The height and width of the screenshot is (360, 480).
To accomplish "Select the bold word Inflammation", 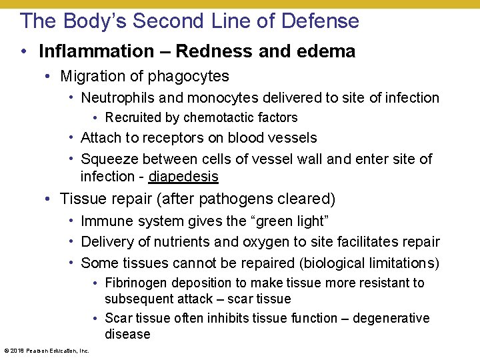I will (x=96, y=51).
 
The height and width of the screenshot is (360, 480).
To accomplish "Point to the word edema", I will (x=327, y=51).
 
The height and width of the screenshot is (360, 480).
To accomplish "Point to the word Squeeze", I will (x=109, y=159).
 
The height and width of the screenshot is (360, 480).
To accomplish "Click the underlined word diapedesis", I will (x=183, y=177).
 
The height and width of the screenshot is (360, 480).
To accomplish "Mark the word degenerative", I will (x=391, y=318).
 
